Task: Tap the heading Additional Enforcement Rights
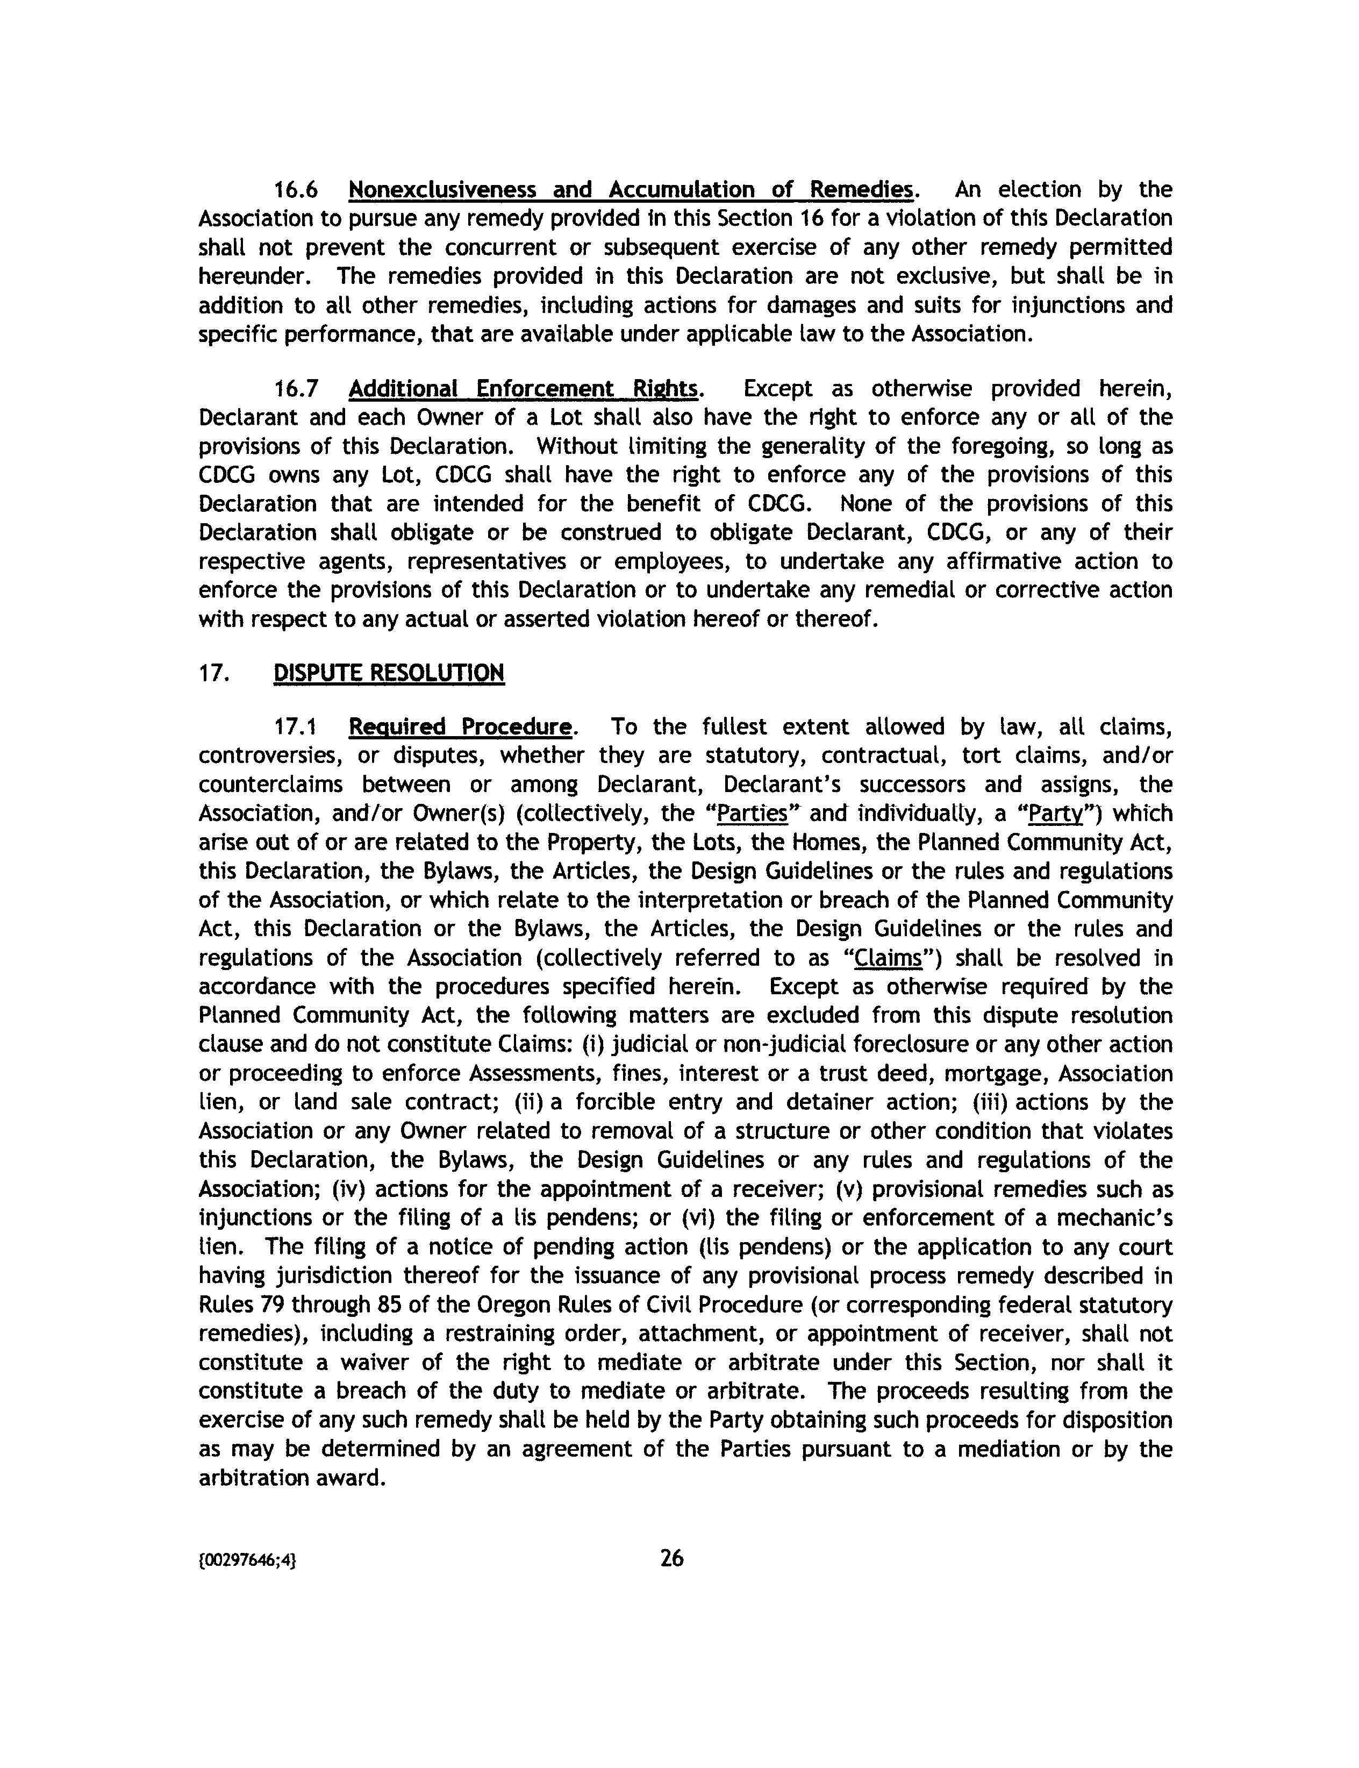[x=524, y=389]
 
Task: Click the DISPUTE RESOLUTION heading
[x=389, y=672]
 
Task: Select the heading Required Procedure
[x=460, y=726]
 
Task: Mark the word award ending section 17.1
[x=353, y=1478]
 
